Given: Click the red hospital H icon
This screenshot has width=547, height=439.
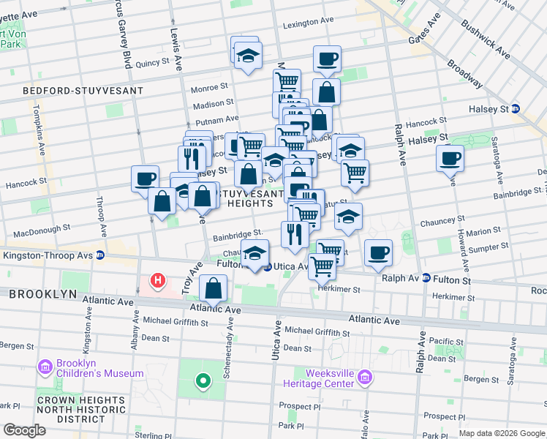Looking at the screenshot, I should click(x=156, y=280).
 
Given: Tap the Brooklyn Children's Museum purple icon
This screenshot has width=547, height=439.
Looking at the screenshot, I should click(x=45, y=366).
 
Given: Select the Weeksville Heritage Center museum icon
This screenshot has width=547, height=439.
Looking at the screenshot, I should click(x=365, y=378).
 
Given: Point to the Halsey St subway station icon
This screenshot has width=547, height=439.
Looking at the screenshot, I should click(x=516, y=108).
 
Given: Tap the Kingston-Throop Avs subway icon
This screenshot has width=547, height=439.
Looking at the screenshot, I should click(x=100, y=255).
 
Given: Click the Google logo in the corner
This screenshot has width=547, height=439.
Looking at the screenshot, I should click(x=23, y=429).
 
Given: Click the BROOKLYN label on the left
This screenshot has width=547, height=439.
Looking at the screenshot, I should click(x=42, y=293).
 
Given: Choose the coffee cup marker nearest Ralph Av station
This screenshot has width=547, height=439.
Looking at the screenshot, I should click(x=378, y=252).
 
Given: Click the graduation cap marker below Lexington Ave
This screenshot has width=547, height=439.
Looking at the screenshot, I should click(x=249, y=57).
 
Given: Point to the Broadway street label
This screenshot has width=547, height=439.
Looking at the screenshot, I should click(x=464, y=73).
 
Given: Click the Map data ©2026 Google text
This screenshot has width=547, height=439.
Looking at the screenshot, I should click(x=502, y=433).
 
